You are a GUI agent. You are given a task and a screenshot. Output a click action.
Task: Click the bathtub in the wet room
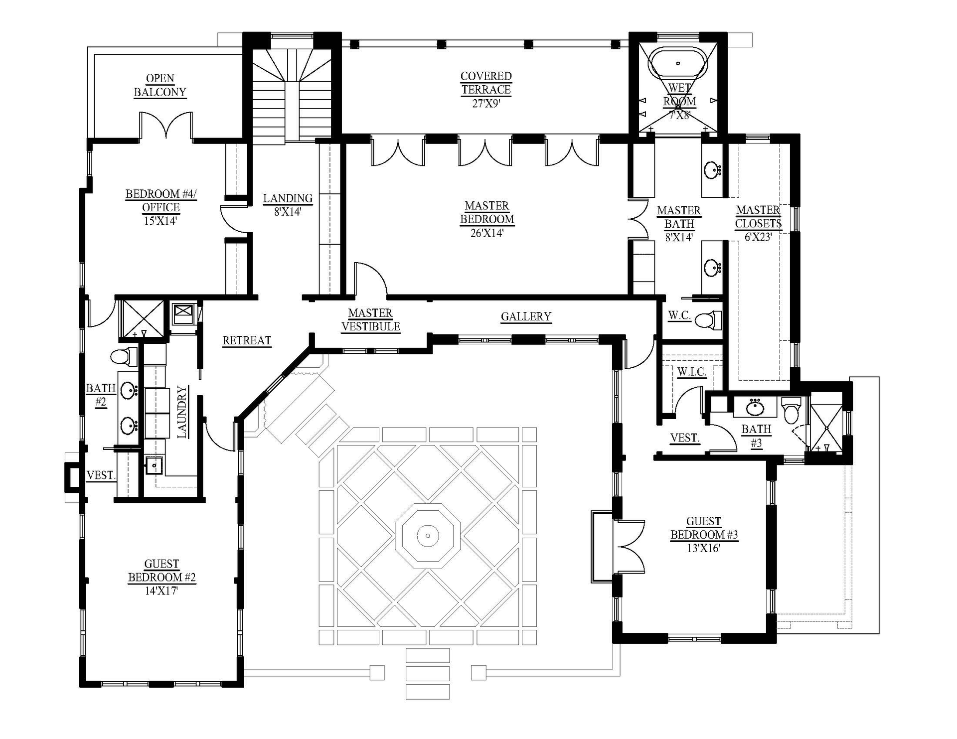click(x=678, y=64)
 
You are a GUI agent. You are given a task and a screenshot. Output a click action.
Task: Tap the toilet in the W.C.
click(x=708, y=320)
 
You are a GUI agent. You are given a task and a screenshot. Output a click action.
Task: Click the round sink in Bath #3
click(x=755, y=407)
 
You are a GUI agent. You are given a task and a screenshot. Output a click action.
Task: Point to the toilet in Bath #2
click(x=123, y=356)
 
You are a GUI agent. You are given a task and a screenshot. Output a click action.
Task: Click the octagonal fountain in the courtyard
click(x=428, y=536)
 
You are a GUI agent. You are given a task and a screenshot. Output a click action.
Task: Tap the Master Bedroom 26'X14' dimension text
click(x=486, y=233)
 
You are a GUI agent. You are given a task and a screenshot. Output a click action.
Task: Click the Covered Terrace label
click(x=486, y=83)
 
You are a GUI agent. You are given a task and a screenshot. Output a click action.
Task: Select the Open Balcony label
click(x=160, y=85)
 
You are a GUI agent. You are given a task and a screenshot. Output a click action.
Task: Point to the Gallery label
click(x=526, y=316)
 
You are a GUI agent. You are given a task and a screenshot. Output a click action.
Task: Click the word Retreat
click(x=247, y=340)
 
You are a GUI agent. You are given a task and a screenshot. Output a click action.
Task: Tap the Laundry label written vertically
click(x=182, y=412)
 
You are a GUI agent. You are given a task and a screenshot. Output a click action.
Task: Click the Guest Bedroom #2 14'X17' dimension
click(x=161, y=591)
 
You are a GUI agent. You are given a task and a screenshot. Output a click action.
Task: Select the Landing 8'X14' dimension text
click(x=288, y=211)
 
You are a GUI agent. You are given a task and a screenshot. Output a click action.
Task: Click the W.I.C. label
click(x=691, y=372)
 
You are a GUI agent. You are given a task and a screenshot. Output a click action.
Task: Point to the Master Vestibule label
click(x=370, y=320)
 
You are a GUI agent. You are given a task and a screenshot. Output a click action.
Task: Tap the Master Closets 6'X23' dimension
click(x=758, y=237)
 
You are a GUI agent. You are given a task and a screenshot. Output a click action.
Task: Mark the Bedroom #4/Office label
click(x=161, y=200)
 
